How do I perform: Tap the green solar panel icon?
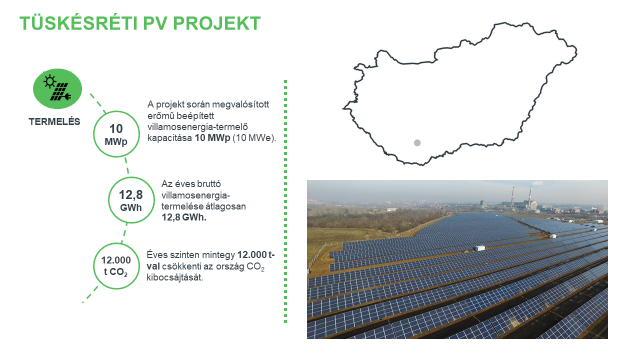58,88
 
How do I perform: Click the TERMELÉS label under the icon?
56,122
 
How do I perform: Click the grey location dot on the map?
417,143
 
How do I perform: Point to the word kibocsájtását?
175,277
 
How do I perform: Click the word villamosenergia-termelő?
196,126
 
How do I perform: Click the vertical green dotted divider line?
286,200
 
